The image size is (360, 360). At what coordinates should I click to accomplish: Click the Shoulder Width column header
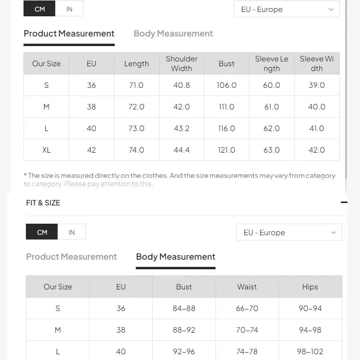[181, 63]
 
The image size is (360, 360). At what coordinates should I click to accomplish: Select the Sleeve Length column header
[272, 63]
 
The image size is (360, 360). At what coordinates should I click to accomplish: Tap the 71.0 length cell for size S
[136, 85]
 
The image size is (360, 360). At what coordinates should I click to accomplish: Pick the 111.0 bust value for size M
[227, 107]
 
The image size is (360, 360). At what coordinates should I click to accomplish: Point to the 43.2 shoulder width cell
[181, 128]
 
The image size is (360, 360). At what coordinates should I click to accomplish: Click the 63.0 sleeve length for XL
[272, 150]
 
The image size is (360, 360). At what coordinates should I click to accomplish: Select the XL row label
[46, 150]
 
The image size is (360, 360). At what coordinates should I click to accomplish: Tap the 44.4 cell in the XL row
[181, 150]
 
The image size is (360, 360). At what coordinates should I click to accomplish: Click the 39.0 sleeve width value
[317, 85]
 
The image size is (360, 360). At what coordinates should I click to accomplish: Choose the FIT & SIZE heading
[43, 203]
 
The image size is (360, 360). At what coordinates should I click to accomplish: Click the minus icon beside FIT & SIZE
[344, 203]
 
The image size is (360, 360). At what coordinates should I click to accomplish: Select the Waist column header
[247, 287]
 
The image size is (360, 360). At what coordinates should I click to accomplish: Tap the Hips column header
[310, 287]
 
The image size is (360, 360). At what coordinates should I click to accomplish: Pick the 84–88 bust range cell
[184, 308]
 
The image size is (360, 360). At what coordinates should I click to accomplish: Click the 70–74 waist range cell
[247, 330]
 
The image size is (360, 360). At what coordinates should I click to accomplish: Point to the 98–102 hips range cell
[310, 351]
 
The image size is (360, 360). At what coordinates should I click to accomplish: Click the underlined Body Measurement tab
[176, 257]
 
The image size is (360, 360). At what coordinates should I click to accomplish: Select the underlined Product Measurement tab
[69, 34]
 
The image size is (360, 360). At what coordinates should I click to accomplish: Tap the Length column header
[136, 63]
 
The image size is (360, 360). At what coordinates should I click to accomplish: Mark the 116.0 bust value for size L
[227, 128]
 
